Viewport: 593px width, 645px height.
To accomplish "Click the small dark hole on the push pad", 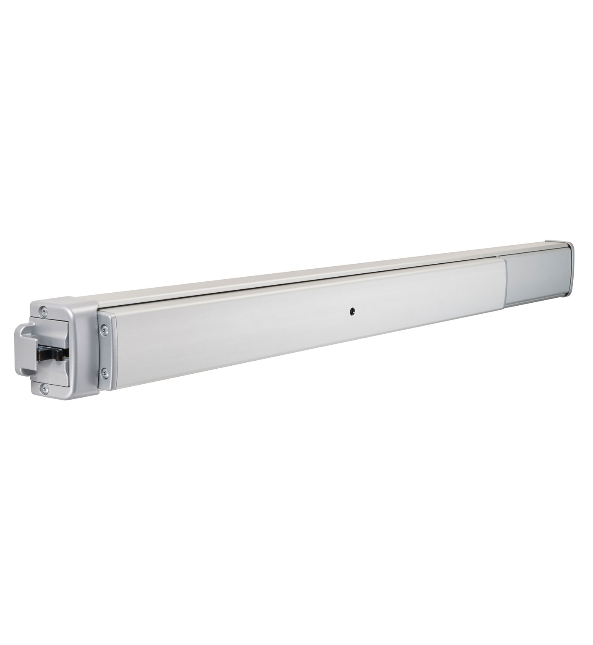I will coord(351,311).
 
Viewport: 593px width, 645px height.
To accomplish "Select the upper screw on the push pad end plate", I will coord(104,330).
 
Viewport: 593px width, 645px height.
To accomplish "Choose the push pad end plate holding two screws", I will coord(105,351).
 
